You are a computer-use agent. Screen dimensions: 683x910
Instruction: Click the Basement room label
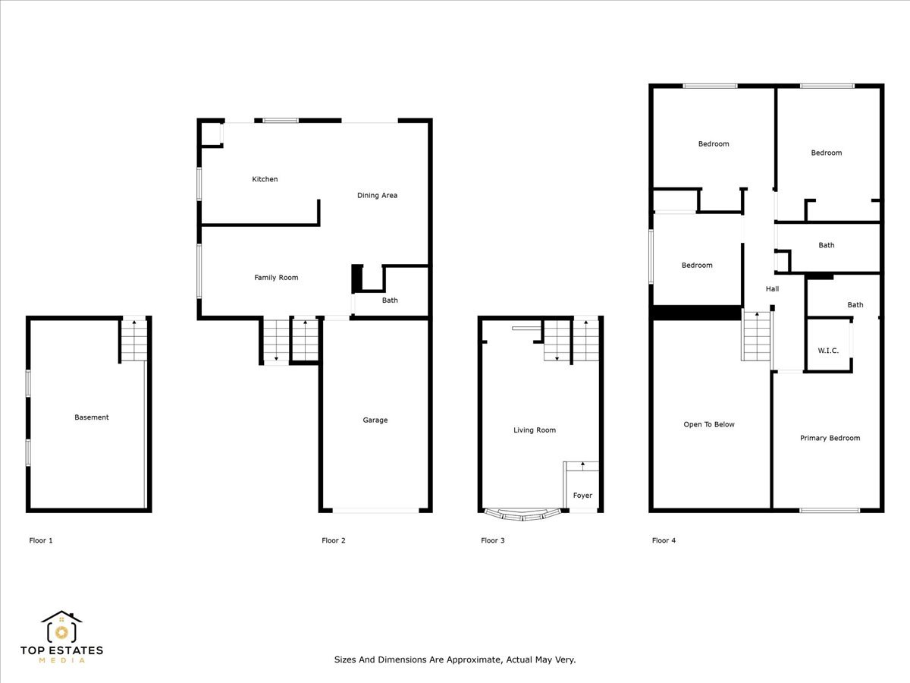(x=91, y=417)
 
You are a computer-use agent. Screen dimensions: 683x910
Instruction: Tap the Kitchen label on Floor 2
(x=265, y=179)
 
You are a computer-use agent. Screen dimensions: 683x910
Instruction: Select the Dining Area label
(x=377, y=196)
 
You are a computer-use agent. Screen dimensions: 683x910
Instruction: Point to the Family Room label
(x=276, y=278)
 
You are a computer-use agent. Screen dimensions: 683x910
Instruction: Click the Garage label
(x=375, y=420)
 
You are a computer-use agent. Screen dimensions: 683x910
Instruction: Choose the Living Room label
(x=535, y=430)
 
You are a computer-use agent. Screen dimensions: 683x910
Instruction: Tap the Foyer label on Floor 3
(x=582, y=496)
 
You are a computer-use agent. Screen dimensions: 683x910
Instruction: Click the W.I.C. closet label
(x=828, y=351)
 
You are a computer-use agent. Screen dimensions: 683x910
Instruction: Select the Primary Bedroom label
(x=830, y=439)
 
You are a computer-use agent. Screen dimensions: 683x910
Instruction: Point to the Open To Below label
(x=709, y=425)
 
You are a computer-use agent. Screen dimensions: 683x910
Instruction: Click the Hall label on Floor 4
(x=772, y=289)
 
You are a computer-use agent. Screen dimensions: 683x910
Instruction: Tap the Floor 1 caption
(x=41, y=541)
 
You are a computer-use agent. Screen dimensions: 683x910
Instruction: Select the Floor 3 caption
(x=493, y=541)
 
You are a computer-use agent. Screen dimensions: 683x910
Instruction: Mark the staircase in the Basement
(x=133, y=341)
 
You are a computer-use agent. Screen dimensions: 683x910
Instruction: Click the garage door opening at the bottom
(x=375, y=510)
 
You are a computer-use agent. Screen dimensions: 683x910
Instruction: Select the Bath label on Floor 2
(x=390, y=301)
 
